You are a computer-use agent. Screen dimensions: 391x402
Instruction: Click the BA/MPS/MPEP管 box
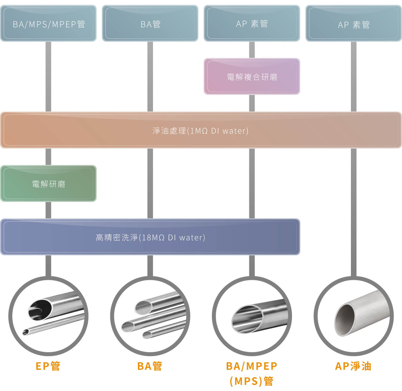pyautogui.click(x=48, y=23)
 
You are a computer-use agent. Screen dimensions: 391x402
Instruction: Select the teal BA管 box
pyautogui.click(x=150, y=23)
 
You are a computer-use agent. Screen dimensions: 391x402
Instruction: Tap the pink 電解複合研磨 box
pyautogui.click(x=252, y=77)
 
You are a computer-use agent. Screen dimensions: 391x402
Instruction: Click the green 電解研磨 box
pyautogui.click(x=48, y=183)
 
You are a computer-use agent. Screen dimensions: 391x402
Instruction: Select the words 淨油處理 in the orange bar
pyautogui.click(x=169, y=131)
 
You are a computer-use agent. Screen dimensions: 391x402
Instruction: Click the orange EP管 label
pyautogui.click(x=48, y=366)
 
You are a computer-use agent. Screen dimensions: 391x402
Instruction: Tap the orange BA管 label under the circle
pyautogui.click(x=150, y=366)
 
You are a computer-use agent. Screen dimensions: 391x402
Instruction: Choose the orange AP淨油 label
pyautogui.click(x=353, y=366)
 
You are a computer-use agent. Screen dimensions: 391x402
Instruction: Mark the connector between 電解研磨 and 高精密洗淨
pyautogui.click(x=48, y=210)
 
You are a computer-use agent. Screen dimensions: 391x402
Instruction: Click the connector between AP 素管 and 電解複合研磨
pyautogui.click(x=252, y=50)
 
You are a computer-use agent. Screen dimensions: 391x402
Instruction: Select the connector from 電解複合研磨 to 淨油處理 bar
pyautogui.click(x=252, y=103)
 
